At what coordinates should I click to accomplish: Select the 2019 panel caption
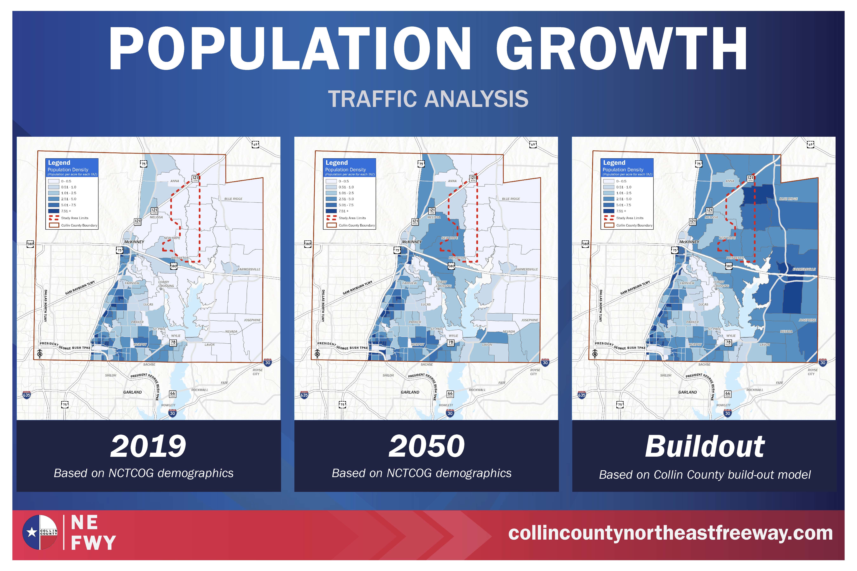tap(148, 446)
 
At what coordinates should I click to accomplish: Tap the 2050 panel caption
tap(426, 446)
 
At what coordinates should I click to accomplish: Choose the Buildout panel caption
tap(704, 446)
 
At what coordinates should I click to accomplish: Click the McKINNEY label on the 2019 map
tap(134, 242)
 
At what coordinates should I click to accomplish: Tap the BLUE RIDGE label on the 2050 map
tap(511, 199)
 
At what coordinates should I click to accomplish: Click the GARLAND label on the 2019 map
tap(132, 392)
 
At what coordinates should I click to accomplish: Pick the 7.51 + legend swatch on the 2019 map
tap(54, 211)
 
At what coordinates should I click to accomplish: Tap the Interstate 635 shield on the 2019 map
tap(27, 395)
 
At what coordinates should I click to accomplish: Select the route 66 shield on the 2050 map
tap(450, 394)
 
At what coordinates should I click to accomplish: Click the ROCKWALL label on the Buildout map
tap(755, 390)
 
